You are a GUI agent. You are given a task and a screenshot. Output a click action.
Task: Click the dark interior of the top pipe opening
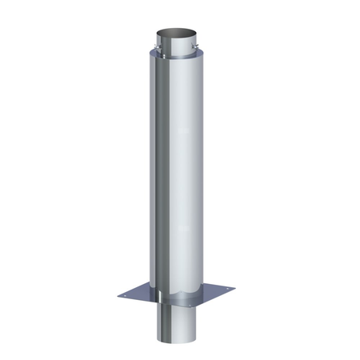(x=177, y=35)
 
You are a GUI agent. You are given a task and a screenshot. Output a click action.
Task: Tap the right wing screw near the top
(x=194, y=54)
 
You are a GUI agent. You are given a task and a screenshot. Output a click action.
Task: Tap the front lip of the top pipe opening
(x=176, y=41)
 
